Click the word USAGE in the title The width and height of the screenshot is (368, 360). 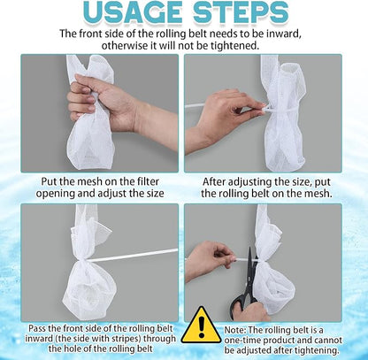pos(134,12)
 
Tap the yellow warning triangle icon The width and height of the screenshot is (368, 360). pos(202,326)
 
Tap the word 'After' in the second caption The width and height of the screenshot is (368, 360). pos(214,181)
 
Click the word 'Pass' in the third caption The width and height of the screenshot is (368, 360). pos(36,328)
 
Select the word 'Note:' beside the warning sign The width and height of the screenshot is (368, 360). pos(235,330)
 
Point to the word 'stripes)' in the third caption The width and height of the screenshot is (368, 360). pos(124,339)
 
